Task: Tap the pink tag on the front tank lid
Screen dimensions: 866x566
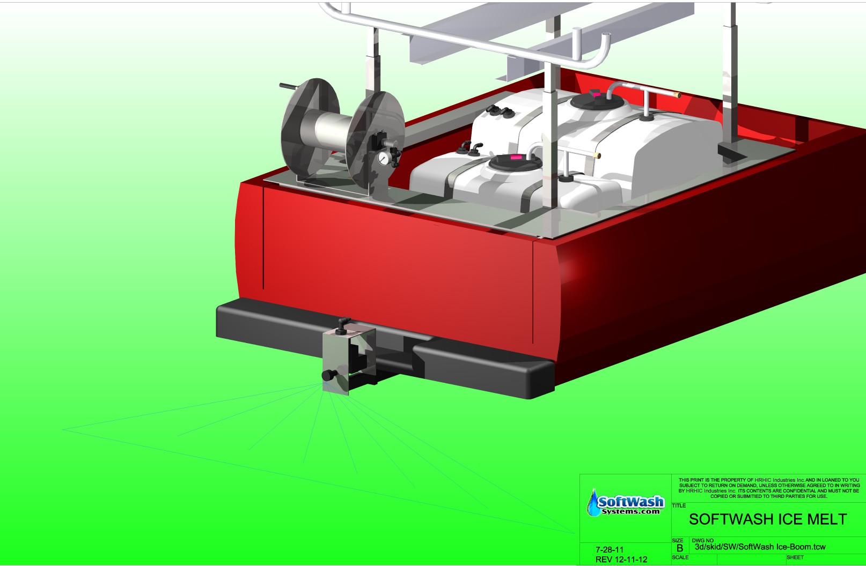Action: click(515, 157)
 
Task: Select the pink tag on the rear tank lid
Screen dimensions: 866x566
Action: click(597, 94)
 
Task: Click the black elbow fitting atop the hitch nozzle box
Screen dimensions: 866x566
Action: click(342, 325)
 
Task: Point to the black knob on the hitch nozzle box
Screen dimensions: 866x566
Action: click(329, 375)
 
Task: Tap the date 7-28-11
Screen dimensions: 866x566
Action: click(610, 549)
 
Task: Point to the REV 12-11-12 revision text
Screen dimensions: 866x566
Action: click(621, 560)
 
